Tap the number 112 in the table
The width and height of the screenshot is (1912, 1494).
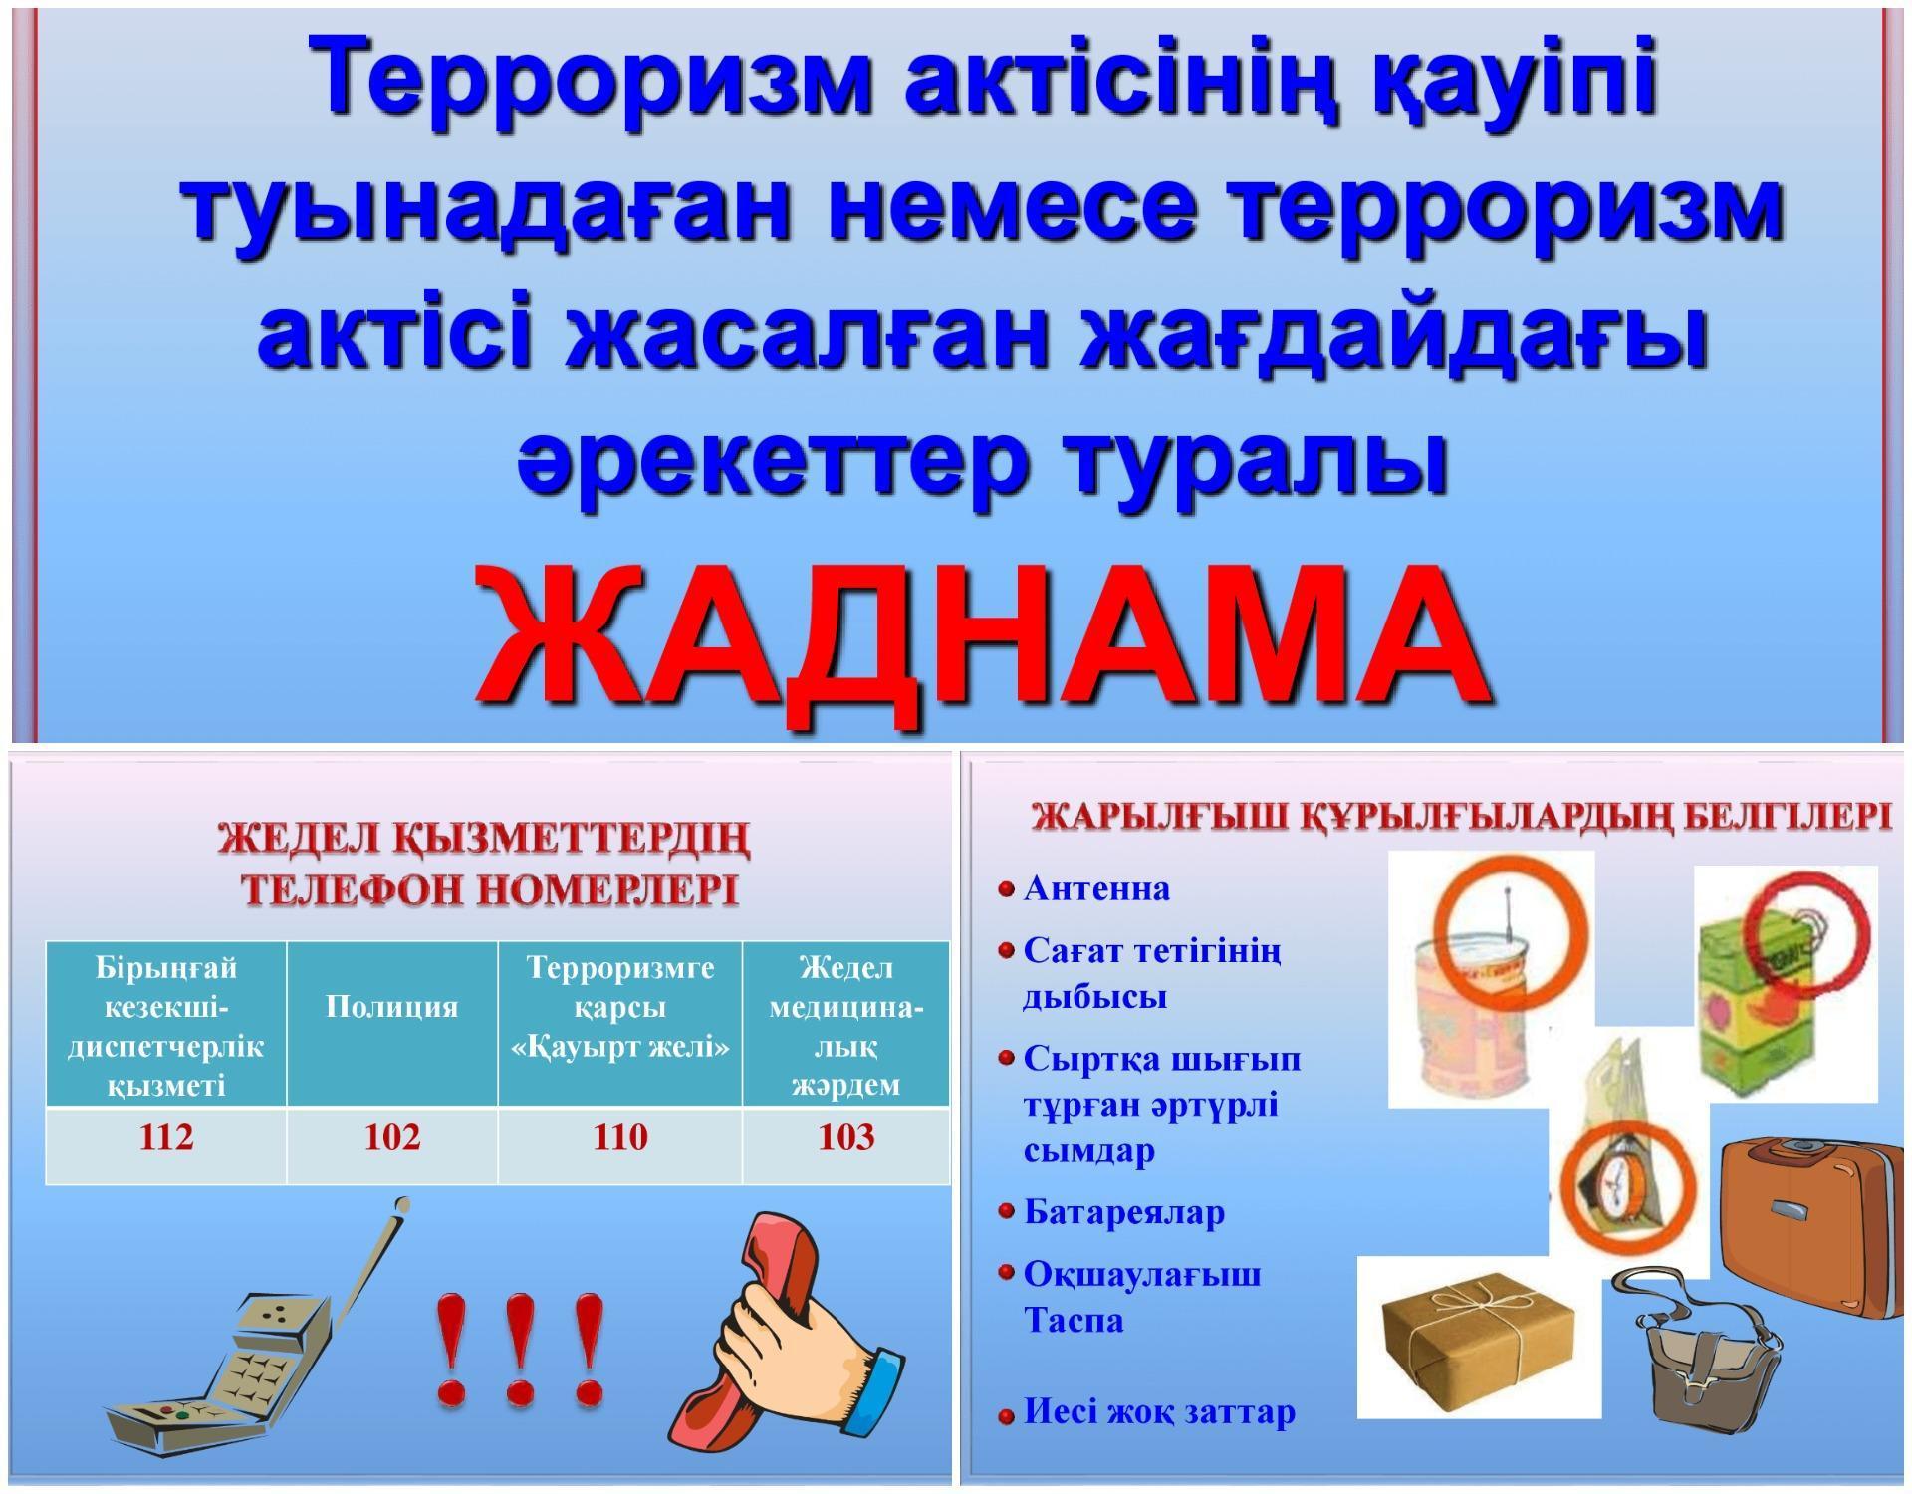click(166, 1137)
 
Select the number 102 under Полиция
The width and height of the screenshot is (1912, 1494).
click(392, 1137)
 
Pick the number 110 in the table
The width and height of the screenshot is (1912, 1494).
click(619, 1137)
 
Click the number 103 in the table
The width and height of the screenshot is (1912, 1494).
click(846, 1137)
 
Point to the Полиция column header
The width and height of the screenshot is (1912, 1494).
click(392, 1007)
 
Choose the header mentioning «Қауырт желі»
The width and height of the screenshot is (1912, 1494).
click(619, 1007)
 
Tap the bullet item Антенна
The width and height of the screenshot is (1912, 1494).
click(1096, 888)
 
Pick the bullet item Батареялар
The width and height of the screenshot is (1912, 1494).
click(1124, 1212)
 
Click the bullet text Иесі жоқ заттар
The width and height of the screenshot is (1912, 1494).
click(1159, 1411)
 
